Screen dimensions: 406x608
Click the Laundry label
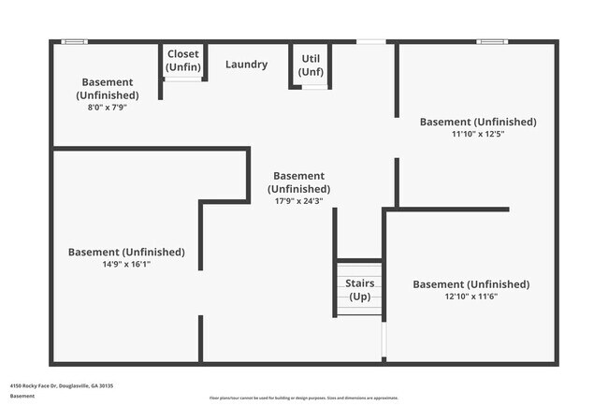(x=246, y=65)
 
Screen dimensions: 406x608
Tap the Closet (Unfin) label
(x=182, y=60)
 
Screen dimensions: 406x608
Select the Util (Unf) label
(x=311, y=65)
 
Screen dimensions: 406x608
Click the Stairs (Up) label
(x=360, y=289)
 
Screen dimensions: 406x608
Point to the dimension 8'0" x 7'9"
(x=107, y=108)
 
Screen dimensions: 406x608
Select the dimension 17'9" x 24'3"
(x=298, y=201)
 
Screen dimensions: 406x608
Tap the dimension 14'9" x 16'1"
(x=125, y=264)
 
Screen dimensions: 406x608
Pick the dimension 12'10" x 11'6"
(x=470, y=297)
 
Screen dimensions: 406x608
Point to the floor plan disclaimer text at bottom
(x=303, y=398)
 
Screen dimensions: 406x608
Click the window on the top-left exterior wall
(x=74, y=41)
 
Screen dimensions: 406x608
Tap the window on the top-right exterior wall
(x=491, y=41)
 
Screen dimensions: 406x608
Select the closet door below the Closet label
(x=183, y=79)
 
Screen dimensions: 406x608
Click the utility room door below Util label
(x=314, y=87)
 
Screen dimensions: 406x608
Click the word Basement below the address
(x=22, y=396)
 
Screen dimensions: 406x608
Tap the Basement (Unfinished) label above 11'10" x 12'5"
(x=478, y=122)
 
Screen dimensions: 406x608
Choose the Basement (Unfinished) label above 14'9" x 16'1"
(x=126, y=252)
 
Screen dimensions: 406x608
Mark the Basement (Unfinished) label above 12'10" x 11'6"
(x=470, y=284)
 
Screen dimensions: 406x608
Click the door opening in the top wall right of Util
(x=371, y=41)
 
